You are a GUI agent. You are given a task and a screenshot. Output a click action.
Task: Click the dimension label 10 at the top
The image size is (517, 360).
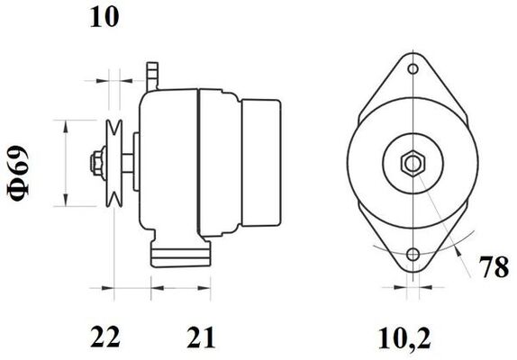point(104,17)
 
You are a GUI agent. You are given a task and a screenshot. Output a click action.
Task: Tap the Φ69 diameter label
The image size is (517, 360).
point(19,173)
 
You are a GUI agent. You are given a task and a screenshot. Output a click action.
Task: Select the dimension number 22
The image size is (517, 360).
point(104,337)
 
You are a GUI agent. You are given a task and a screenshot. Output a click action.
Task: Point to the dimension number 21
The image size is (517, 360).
point(201,337)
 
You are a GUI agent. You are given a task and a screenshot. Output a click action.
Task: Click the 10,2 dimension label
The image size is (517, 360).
point(404,337)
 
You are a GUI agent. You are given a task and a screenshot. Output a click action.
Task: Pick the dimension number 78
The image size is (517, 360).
point(494,266)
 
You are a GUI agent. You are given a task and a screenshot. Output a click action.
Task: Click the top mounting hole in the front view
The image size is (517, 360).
point(413,69)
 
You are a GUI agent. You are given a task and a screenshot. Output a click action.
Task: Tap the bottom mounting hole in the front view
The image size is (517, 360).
point(413,255)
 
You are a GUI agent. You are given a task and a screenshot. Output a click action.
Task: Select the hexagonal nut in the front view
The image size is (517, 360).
point(413,164)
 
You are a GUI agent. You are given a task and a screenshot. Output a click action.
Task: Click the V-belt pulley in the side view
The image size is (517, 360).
point(113,164)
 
